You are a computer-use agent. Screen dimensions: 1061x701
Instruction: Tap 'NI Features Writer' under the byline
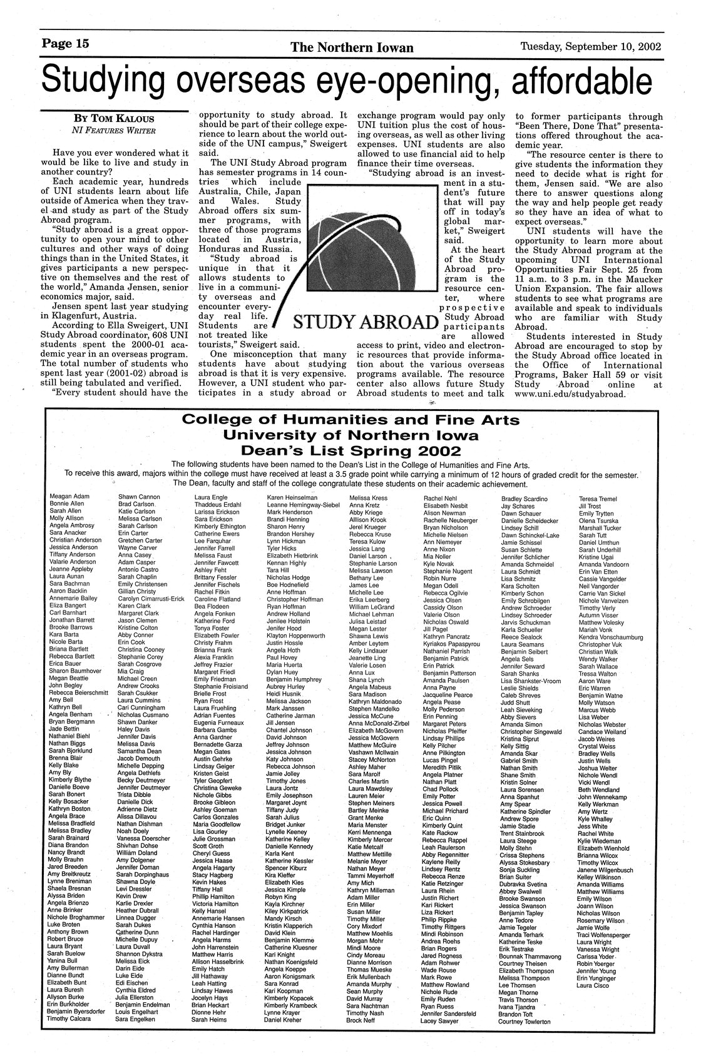113,131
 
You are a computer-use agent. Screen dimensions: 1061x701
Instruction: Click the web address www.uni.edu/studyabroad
569,395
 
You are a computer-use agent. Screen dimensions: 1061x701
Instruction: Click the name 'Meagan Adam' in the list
69,497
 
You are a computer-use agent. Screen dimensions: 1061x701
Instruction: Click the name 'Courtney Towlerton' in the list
524,1022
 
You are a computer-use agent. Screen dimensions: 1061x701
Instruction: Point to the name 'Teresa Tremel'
598,499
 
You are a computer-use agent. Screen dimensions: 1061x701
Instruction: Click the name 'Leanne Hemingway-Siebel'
303,504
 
